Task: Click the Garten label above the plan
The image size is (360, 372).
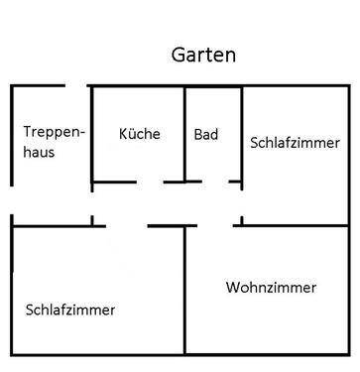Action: [x=202, y=56]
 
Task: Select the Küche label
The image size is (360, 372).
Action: [x=139, y=134]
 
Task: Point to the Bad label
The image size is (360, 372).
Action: [x=206, y=134]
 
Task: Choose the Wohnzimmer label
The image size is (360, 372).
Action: [x=271, y=288]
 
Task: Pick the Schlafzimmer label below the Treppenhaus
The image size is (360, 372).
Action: [x=70, y=310]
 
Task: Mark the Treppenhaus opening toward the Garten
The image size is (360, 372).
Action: [x=77, y=86]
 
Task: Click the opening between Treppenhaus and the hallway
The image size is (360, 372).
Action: [x=92, y=198]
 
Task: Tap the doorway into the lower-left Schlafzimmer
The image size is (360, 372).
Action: [x=127, y=225]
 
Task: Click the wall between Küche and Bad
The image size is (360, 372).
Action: [x=185, y=134]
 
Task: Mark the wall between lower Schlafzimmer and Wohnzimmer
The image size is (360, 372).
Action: [x=184, y=298]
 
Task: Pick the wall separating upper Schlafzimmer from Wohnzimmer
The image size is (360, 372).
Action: [x=298, y=225]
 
